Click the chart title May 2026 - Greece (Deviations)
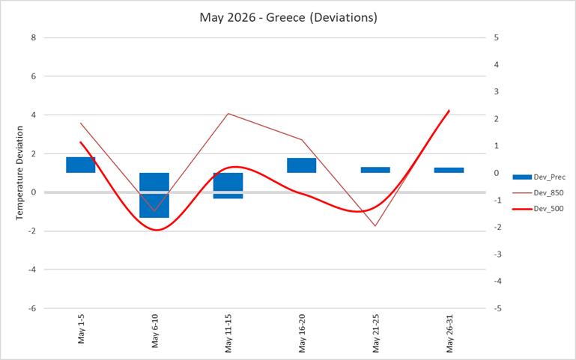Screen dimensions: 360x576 point(288,16)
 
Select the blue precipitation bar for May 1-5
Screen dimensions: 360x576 point(80,165)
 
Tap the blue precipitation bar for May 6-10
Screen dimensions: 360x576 point(154,195)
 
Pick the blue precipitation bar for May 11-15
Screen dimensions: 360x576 point(228,185)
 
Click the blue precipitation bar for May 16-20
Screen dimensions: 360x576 point(301,165)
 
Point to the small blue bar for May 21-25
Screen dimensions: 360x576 point(375,170)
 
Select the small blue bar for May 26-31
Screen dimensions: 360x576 point(449,170)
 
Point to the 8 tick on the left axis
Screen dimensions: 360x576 point(33,37)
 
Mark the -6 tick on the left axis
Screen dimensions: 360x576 point(31,308)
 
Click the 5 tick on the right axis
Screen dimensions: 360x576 point(497,37)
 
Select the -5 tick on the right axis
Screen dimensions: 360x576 point(498,308)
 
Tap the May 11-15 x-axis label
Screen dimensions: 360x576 point(228,333)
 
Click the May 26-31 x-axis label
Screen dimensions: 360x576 point(449,333)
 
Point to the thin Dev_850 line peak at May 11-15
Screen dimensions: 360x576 point(228,114)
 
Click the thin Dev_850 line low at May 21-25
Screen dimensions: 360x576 point(375,226)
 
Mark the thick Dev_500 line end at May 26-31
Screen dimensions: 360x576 point(449,111)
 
